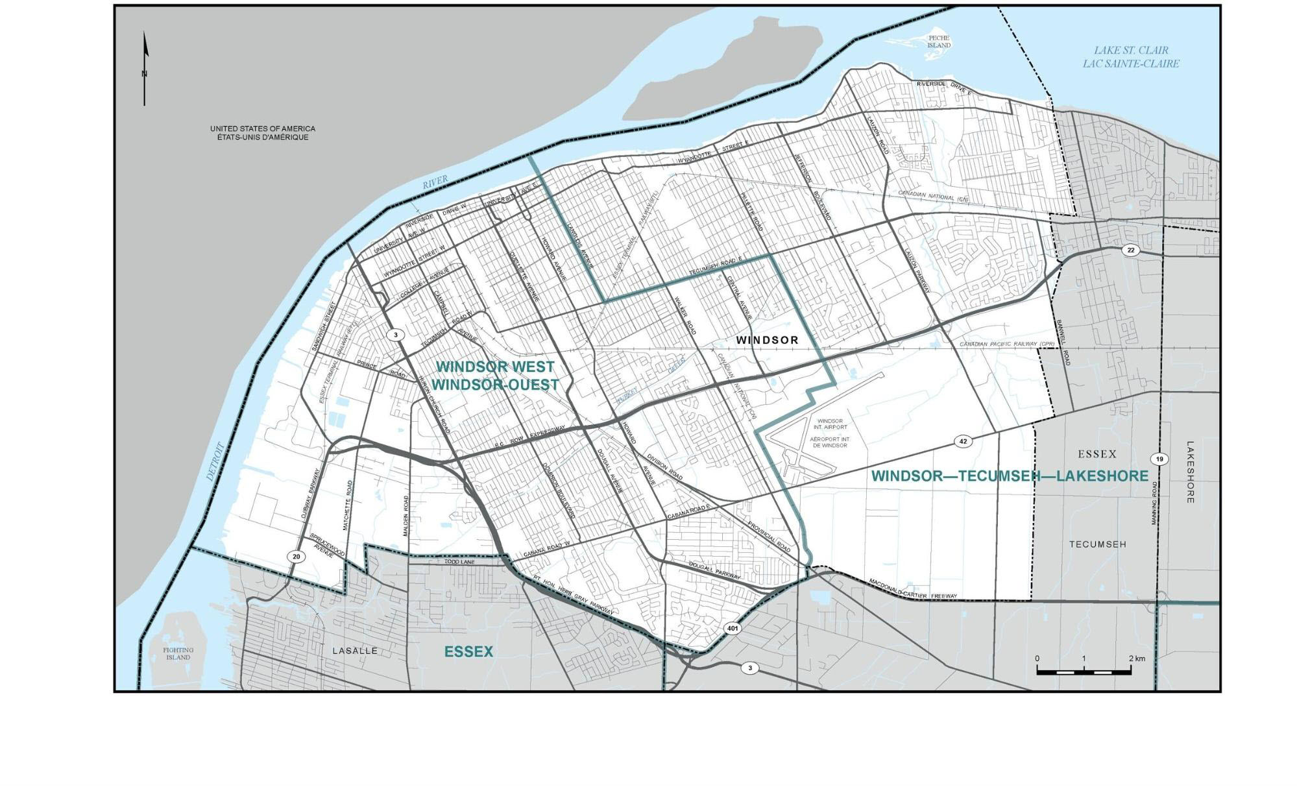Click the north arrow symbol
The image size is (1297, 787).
tap(145, 69)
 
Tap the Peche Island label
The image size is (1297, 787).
tap(939, 42)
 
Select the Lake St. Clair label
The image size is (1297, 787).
tap(1130, 57)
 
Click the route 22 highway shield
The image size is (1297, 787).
tap(1130, 250)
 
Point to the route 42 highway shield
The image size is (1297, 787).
tap(963, 441)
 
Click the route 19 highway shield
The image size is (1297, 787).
tap(1160, 459)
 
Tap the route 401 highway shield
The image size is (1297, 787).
tap(733, 629)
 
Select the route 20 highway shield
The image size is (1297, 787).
tap(296, 557)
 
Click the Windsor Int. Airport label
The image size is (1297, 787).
tap(829, 424)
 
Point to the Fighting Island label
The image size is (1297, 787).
tap(178, 653)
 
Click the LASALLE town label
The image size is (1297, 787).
tap(354, 651)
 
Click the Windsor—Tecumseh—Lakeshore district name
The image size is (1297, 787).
tap(1010, 476)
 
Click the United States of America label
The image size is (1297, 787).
tap(262, 133)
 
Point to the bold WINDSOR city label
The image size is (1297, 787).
tap(767, 340)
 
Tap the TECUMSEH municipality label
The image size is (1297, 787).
tap(1097, 544)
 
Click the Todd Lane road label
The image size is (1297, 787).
tap(459, 562)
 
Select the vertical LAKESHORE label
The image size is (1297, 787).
tap(1190, 472)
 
